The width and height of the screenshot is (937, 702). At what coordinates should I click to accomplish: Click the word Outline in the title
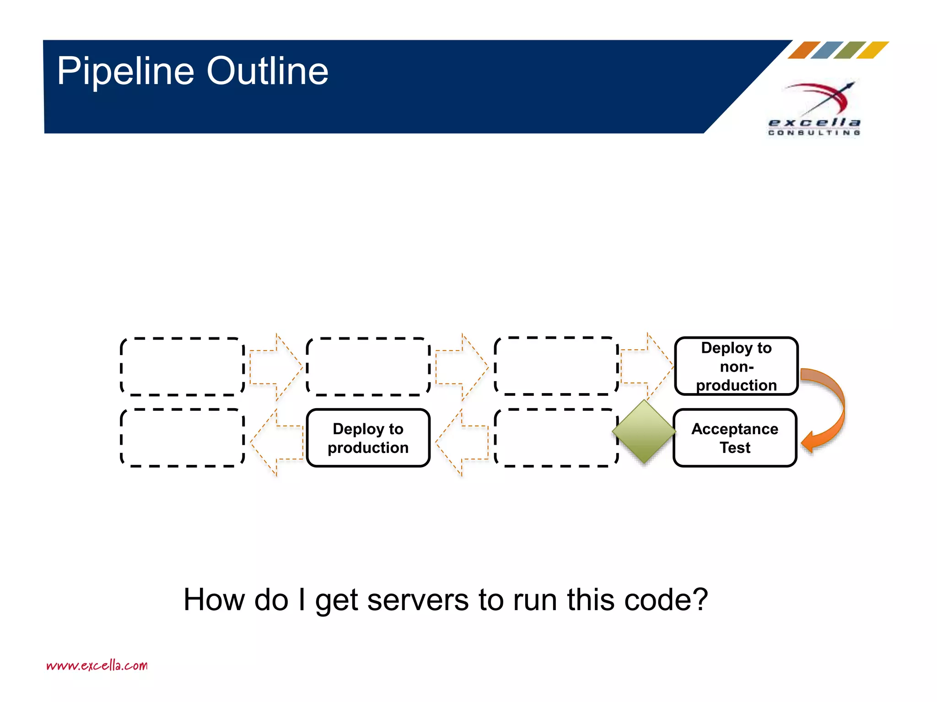267,71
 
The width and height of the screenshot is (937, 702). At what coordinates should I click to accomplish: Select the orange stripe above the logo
803,50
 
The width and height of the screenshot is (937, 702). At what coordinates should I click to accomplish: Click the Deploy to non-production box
736,366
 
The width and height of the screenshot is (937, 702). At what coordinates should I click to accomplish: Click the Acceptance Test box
735,438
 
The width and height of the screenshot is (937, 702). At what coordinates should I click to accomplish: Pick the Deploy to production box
368,438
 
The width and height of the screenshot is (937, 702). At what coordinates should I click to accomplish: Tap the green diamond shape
644,431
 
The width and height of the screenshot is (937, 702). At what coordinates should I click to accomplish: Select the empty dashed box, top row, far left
182,367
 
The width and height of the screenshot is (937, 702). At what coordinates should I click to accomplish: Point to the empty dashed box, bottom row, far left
182,438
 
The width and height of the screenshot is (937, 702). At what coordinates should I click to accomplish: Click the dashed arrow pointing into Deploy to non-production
646,367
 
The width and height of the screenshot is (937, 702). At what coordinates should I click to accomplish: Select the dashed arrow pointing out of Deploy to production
277,442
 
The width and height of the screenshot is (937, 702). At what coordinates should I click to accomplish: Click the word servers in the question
418,600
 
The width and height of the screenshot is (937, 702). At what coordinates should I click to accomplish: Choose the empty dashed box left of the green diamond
555,438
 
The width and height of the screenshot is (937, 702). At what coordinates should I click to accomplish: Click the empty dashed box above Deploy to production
368,367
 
